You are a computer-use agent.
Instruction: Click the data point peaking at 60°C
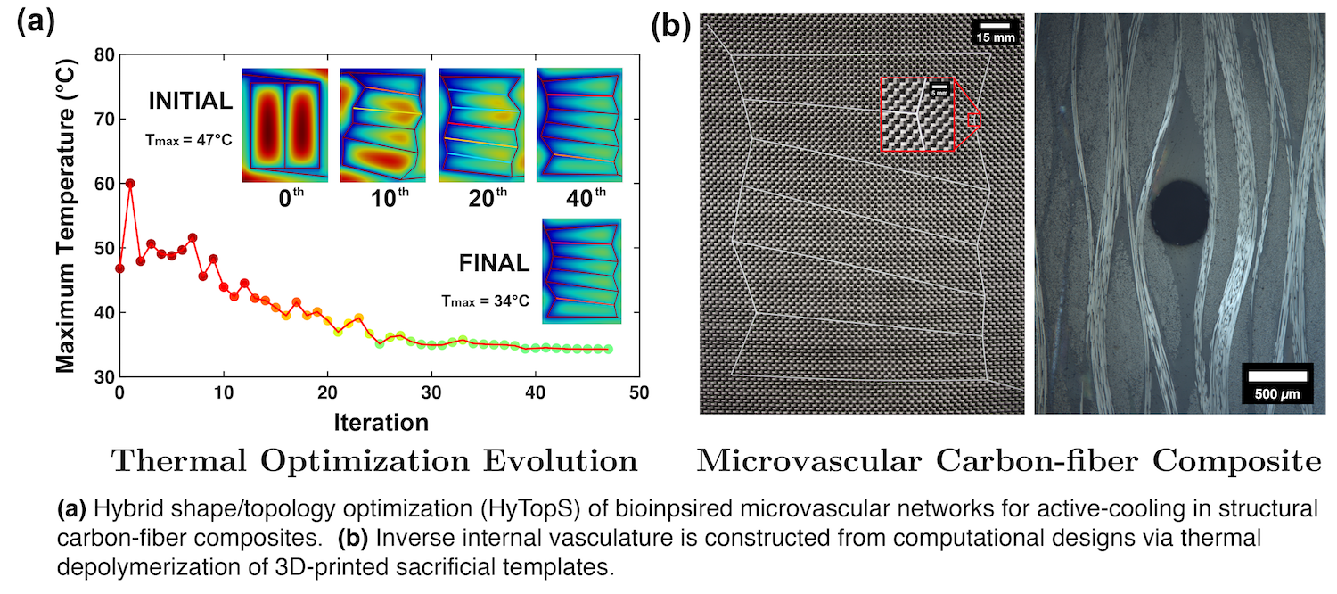point(130,184)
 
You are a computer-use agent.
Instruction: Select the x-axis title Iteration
point(381,420)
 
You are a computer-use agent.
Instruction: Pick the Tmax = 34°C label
point(485,301)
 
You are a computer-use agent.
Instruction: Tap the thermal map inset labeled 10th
point(382,124)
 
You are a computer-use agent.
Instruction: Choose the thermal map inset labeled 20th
point(480,124)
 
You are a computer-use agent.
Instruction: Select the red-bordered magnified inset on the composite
point(917,112)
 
